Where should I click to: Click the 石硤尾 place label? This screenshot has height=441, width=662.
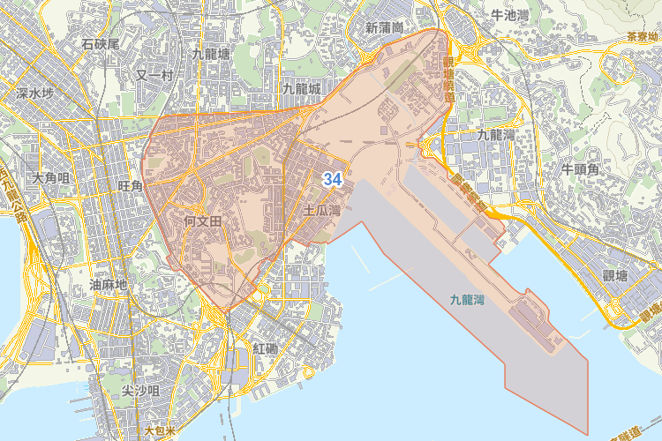pos(100,43)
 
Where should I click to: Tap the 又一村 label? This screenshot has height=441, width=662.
pos(154,76)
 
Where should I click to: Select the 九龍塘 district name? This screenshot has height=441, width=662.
pos(211,54)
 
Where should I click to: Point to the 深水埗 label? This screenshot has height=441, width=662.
pos(35,93)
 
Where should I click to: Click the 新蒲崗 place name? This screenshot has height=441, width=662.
pos(384,27)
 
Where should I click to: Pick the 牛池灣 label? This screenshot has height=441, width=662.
pos(509,15)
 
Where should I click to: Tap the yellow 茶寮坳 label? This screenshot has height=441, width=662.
pos(643,37)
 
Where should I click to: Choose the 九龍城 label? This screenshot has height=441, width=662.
pos(301,89)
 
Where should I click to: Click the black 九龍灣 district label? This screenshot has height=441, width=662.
pos(495,135)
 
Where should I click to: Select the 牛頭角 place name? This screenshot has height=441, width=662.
pos(581,168)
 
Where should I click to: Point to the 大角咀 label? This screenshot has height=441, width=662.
pos(50,178)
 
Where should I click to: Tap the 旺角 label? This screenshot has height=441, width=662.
pos(130,186)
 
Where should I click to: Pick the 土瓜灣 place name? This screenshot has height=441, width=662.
pos(321,211)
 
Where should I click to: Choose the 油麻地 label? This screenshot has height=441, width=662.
pos(109,285)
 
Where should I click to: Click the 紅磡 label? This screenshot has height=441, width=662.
pos(265,348)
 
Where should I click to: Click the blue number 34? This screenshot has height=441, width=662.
pos(332,179)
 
